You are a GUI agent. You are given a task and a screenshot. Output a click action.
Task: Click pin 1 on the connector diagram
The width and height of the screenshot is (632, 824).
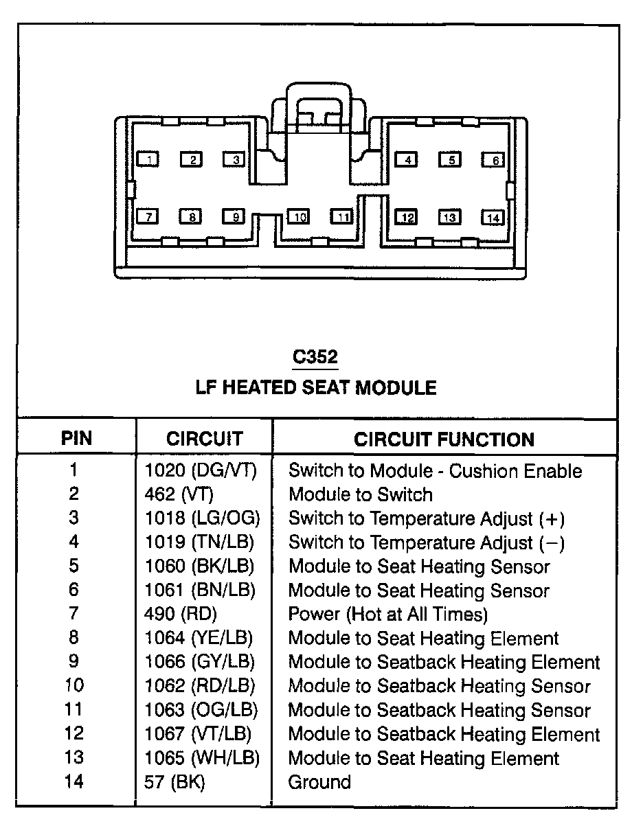tap(148, 159)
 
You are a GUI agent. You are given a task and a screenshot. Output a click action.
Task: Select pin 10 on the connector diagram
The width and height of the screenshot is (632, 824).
tap(298, 217)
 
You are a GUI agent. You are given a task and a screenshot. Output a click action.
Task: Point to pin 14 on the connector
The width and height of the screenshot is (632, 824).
tap(493, 218)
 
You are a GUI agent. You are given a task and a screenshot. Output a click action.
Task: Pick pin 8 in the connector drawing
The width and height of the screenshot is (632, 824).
tap(191, 217)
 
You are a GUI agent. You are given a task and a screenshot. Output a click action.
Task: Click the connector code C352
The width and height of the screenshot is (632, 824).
tap(315, 357)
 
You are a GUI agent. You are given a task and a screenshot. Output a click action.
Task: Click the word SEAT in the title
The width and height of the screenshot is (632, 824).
tap(327, 388)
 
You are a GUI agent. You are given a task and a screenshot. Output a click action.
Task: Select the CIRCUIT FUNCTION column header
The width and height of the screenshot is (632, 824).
tap(444, 439)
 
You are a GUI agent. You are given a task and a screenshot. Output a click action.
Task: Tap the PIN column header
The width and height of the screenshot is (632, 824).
tap(76, 439)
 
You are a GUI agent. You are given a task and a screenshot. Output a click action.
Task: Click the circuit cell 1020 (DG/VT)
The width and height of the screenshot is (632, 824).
tap(201, 471)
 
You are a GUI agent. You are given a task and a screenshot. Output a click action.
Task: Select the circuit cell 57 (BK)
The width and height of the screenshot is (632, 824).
tap(175, 782)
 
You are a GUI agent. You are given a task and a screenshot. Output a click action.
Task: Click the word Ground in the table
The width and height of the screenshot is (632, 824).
tap(319, 782)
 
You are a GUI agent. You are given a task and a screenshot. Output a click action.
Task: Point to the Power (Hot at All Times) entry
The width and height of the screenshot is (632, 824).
tap(388, 614)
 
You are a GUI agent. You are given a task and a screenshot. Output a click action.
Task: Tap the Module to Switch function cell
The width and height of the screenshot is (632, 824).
tap(361, 494)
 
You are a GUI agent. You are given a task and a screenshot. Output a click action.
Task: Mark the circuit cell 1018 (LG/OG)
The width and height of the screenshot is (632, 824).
tap(202, 518)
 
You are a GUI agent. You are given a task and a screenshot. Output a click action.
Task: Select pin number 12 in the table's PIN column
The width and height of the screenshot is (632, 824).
tap(74, 734)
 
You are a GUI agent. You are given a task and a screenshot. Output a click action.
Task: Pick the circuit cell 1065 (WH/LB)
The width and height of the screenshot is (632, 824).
tap(203, 758)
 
